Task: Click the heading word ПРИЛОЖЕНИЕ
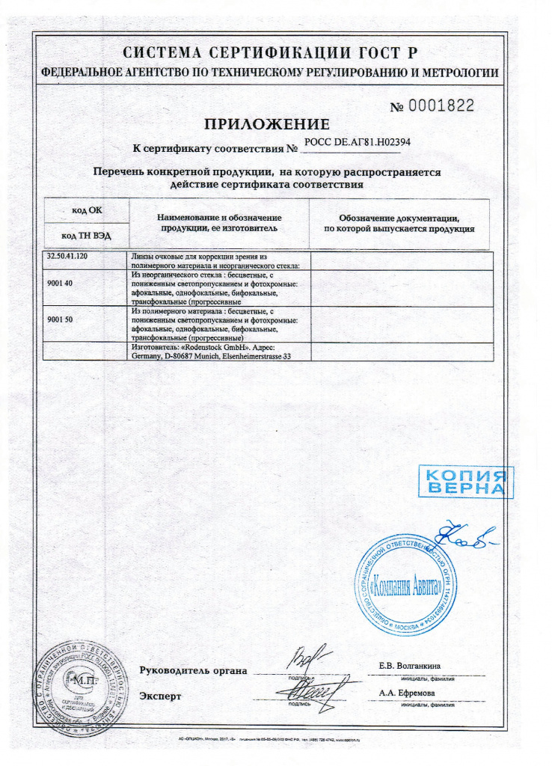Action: (267, 124)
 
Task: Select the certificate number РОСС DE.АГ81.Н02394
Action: (358, 141)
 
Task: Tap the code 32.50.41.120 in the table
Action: (68, 257)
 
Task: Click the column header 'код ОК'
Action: (87, 210)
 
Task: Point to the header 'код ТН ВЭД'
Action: (87, 235)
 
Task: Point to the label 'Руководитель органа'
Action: (193, 670)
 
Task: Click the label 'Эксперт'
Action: (161, 696)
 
